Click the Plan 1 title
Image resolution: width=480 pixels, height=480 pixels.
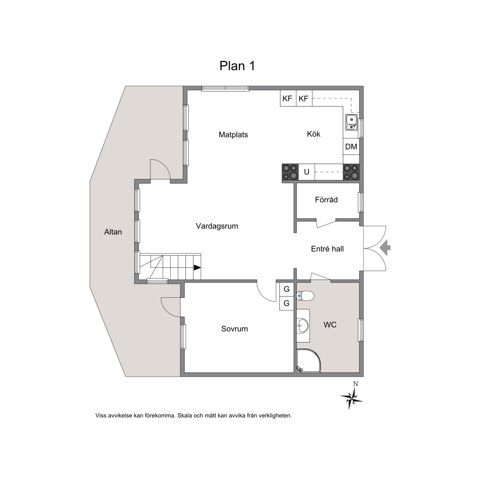(237, 66)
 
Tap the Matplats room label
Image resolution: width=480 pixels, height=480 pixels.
(233, 135)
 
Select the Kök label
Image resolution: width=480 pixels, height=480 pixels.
(313, 134)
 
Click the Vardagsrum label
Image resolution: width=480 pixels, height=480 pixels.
(217, 226)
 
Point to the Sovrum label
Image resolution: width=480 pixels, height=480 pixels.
(235, 329)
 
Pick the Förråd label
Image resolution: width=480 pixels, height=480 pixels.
(326, 200)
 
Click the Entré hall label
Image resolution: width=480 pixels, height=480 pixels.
(327, 249)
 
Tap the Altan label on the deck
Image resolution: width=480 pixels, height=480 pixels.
(113, 232)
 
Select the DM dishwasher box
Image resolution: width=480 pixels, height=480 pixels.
(351, 147)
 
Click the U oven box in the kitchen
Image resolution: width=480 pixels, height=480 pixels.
(306, 172)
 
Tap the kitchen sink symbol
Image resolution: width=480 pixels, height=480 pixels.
(351, 122)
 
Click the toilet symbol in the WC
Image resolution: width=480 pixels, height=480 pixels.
(305, 296)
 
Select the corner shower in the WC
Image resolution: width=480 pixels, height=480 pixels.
(309, 360)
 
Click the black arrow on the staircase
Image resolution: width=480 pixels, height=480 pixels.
(197, 267)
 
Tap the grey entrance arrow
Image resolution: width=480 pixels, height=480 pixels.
(385, 247)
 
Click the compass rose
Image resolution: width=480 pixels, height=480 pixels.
(352, 398)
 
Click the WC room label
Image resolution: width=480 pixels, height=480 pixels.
(330, 325)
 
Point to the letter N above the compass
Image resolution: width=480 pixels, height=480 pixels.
(355, 384)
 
